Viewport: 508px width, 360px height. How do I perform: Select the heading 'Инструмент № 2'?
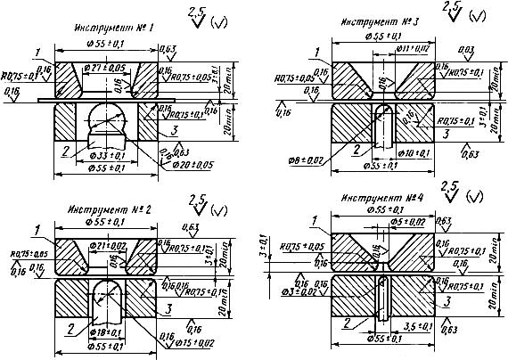(x=108, y=209)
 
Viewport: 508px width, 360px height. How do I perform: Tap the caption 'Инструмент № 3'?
(x=375, y=21)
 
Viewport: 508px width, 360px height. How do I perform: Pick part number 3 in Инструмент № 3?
(x=439, y=131)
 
